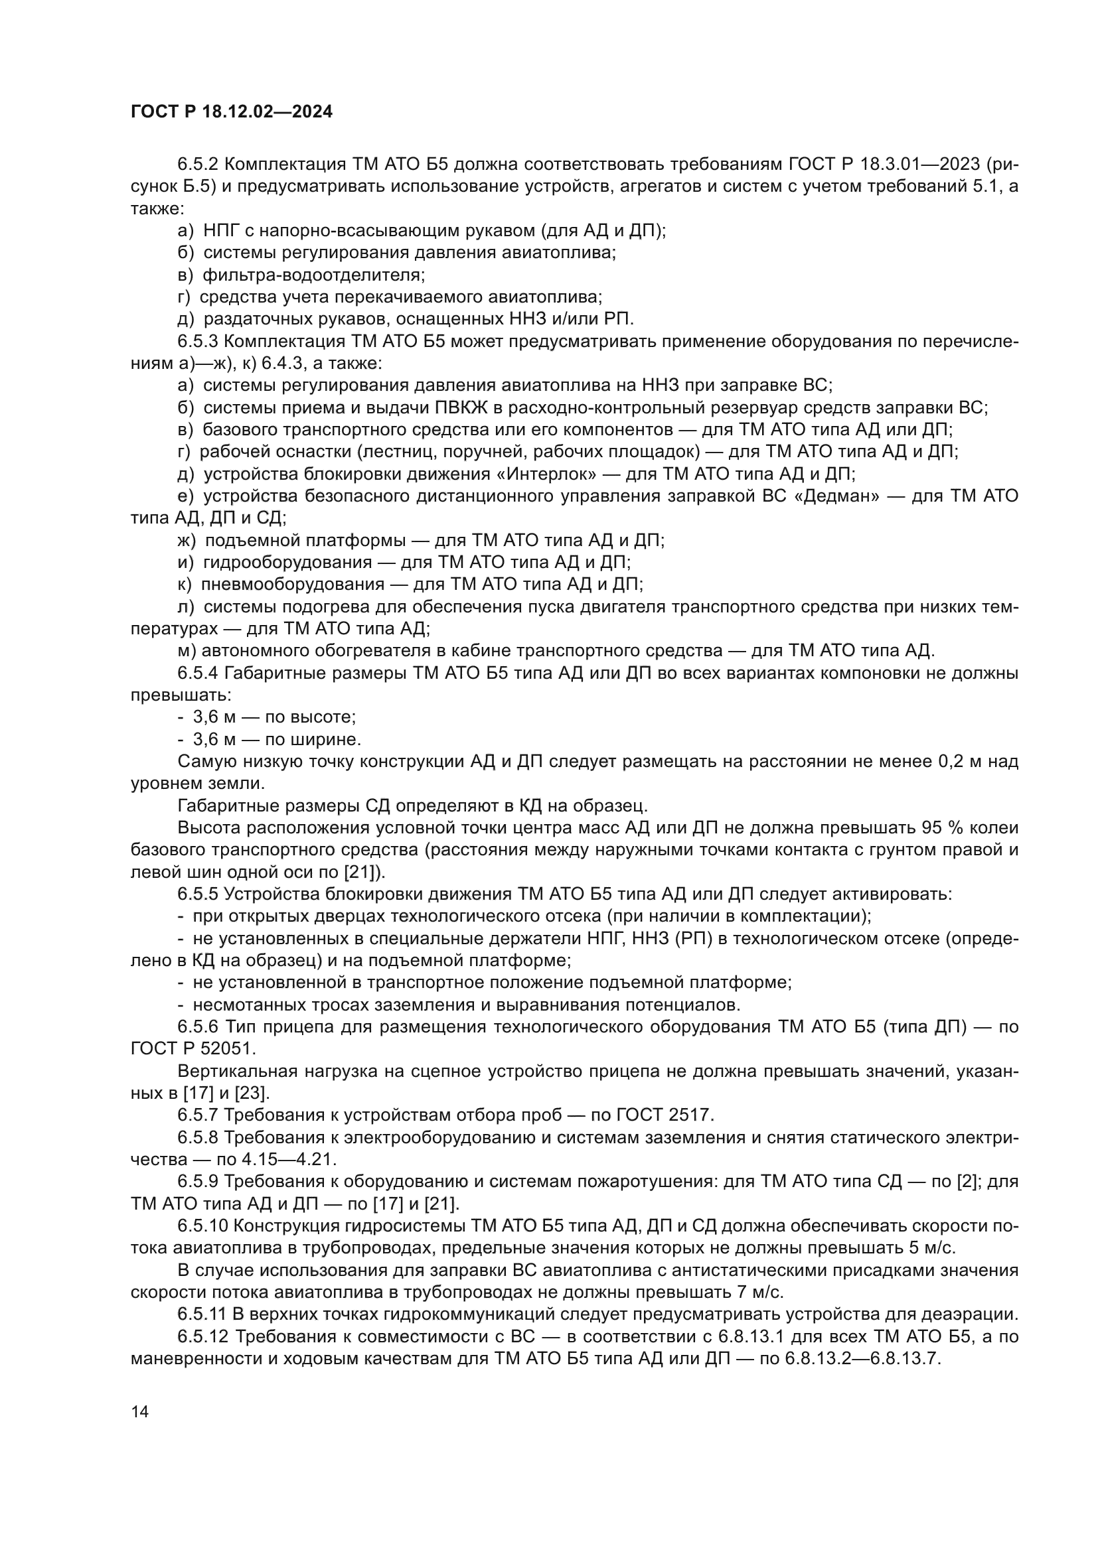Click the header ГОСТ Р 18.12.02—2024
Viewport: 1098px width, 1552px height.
pyautogui.click(x=231, y=112)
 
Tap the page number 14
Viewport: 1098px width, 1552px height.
pyautogui.click(x=140, y=1411)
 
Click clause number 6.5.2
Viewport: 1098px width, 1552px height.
pyautogui.click(x=197, y=165)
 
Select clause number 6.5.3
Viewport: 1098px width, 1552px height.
pyautogui.click(x=197, y=341)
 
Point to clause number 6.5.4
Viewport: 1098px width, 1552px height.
pyautogui.click(x=197, y=673)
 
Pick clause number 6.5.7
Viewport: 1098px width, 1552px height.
pyautogui.click(x=197, y=1115)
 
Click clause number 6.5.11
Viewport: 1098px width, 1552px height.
pyautogui.click(x=202, y=1314)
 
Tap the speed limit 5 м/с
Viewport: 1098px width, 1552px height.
pyautogui.click(x=931, y=1248)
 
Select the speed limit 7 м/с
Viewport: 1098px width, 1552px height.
pyautogui.click(x=759, y=1293)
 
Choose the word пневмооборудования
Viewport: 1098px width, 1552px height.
pyautogui.click(x=293, y=584)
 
